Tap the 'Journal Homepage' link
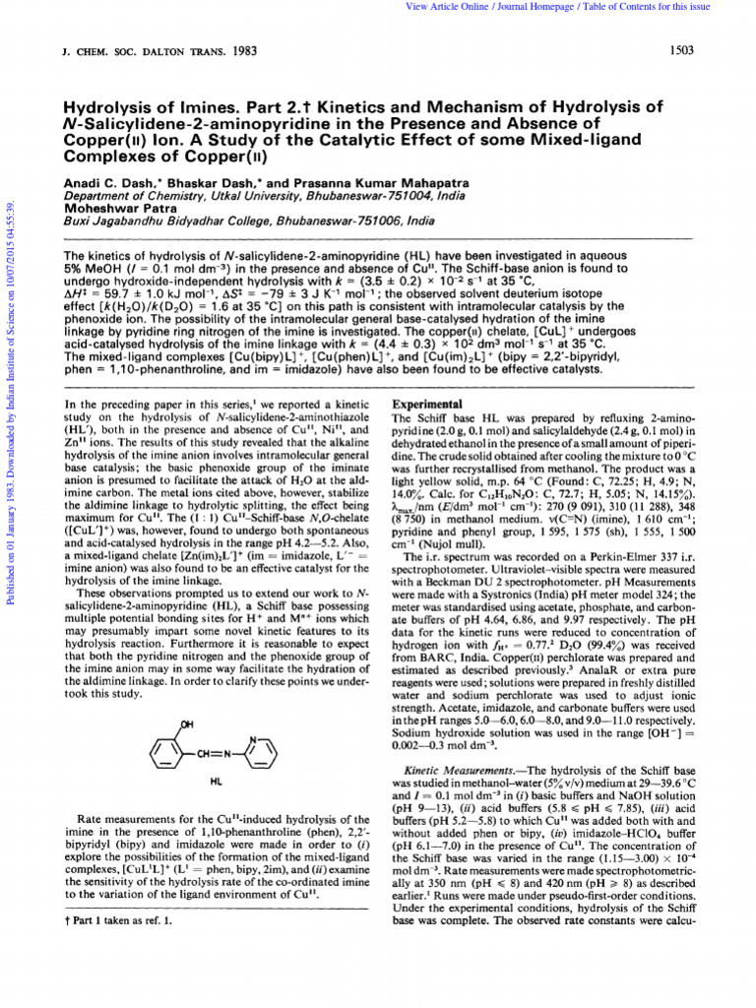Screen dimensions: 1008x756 (x=540, y=7)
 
